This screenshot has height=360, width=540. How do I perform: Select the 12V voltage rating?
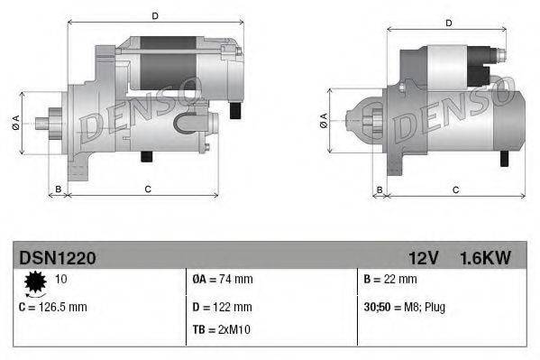point(423,258)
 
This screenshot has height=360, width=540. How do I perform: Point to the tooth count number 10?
point(62,280)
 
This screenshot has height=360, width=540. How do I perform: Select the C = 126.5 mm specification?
point(53,307)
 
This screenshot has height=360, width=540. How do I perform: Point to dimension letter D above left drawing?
point(155,16)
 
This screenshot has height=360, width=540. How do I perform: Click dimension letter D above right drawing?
point(449,22)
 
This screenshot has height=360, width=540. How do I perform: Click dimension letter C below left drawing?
point(147,188)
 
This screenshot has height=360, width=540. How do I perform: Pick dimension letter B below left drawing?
point(59,188)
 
